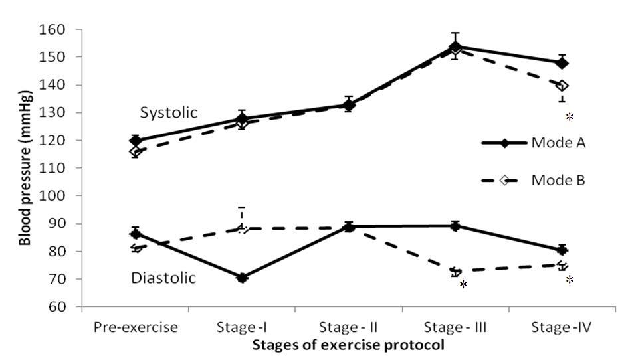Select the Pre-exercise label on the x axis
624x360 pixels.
pos(136,327)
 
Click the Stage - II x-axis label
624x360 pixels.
pos(348,327)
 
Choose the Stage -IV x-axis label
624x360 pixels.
pos(562,327)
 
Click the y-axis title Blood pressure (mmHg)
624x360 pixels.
pos(25,168)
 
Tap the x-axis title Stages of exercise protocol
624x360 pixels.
pos(348,345)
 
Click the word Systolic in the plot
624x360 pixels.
pos(169,113)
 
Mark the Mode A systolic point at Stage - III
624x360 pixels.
pos(455,47)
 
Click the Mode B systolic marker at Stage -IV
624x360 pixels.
pos(562,86)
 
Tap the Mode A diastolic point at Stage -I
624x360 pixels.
pos(242,278)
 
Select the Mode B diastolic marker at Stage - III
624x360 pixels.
pos(455,271)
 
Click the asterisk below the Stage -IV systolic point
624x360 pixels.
pos(570,117)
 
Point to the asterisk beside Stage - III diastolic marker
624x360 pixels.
pos(463,284)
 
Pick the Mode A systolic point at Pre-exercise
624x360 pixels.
pos(136,141)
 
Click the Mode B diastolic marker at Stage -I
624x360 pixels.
pos(242,228)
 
